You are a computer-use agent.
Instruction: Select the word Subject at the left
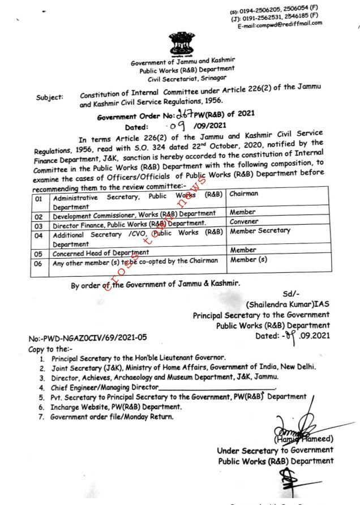(x=49, y=97)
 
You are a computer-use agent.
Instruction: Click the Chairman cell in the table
(x=243, y=194)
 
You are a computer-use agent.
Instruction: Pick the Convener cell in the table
(x=243, y=222)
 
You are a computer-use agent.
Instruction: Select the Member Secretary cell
(x=260, y=231)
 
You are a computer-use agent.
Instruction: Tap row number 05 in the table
(x=38, y=254)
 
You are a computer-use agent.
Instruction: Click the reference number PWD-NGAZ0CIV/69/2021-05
(x=88, y=337)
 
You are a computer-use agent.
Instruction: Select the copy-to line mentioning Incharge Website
(x=116, y=406)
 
